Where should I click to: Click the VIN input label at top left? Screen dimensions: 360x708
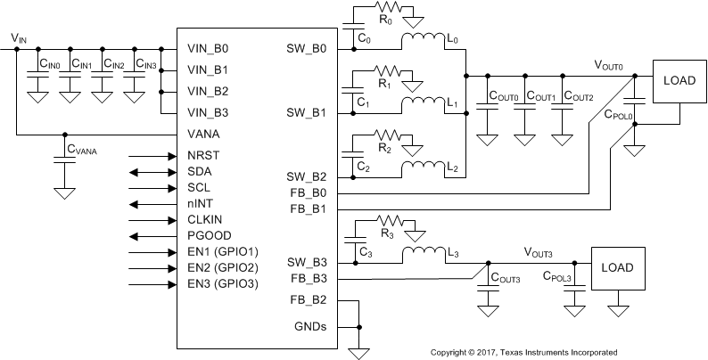(18, 37)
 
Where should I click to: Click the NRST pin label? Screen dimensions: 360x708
(203, 154)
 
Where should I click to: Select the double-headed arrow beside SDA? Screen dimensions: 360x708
(151, 171)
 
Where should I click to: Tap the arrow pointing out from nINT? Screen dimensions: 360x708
(151, 204)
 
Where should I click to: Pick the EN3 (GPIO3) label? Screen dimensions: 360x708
(223, 284)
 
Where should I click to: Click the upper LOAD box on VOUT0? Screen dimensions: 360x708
(679, 80)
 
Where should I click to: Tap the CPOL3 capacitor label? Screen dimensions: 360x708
(556, 278)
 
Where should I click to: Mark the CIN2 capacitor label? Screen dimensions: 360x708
(113, 64)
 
